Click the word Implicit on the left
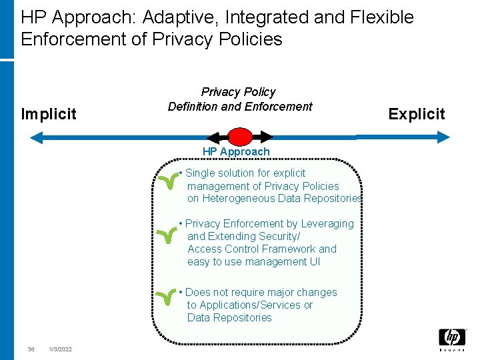(49, 114)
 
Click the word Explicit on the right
(417, 114)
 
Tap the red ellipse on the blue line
(240, 137)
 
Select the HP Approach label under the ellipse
(236, 152)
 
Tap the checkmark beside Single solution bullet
(167, 182)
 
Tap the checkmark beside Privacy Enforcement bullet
(167, 234)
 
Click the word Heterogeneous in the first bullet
(235, 199)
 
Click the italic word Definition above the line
(195, 107)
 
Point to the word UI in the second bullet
(314, 262)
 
